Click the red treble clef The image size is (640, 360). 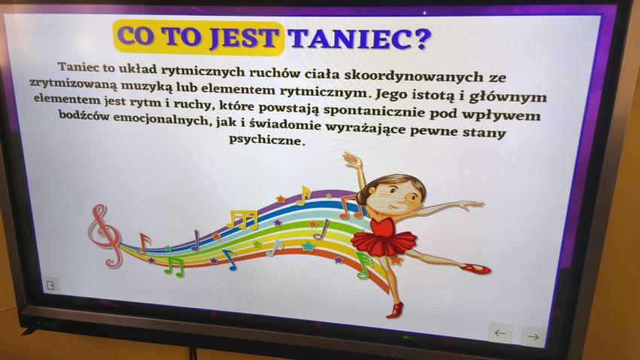coord(105,236)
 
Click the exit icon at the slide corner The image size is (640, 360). coord(50,285)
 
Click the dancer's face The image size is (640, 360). coord(396,197)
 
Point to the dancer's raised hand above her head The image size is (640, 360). coord(352,158)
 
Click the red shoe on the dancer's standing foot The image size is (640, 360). coord(395,310)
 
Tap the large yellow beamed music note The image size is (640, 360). coord(242,219)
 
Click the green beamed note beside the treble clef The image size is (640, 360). coord(175,266)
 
